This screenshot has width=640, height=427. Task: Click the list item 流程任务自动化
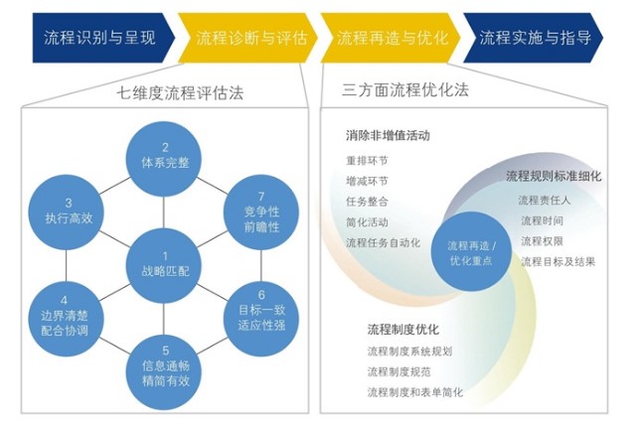coord(383,241)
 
